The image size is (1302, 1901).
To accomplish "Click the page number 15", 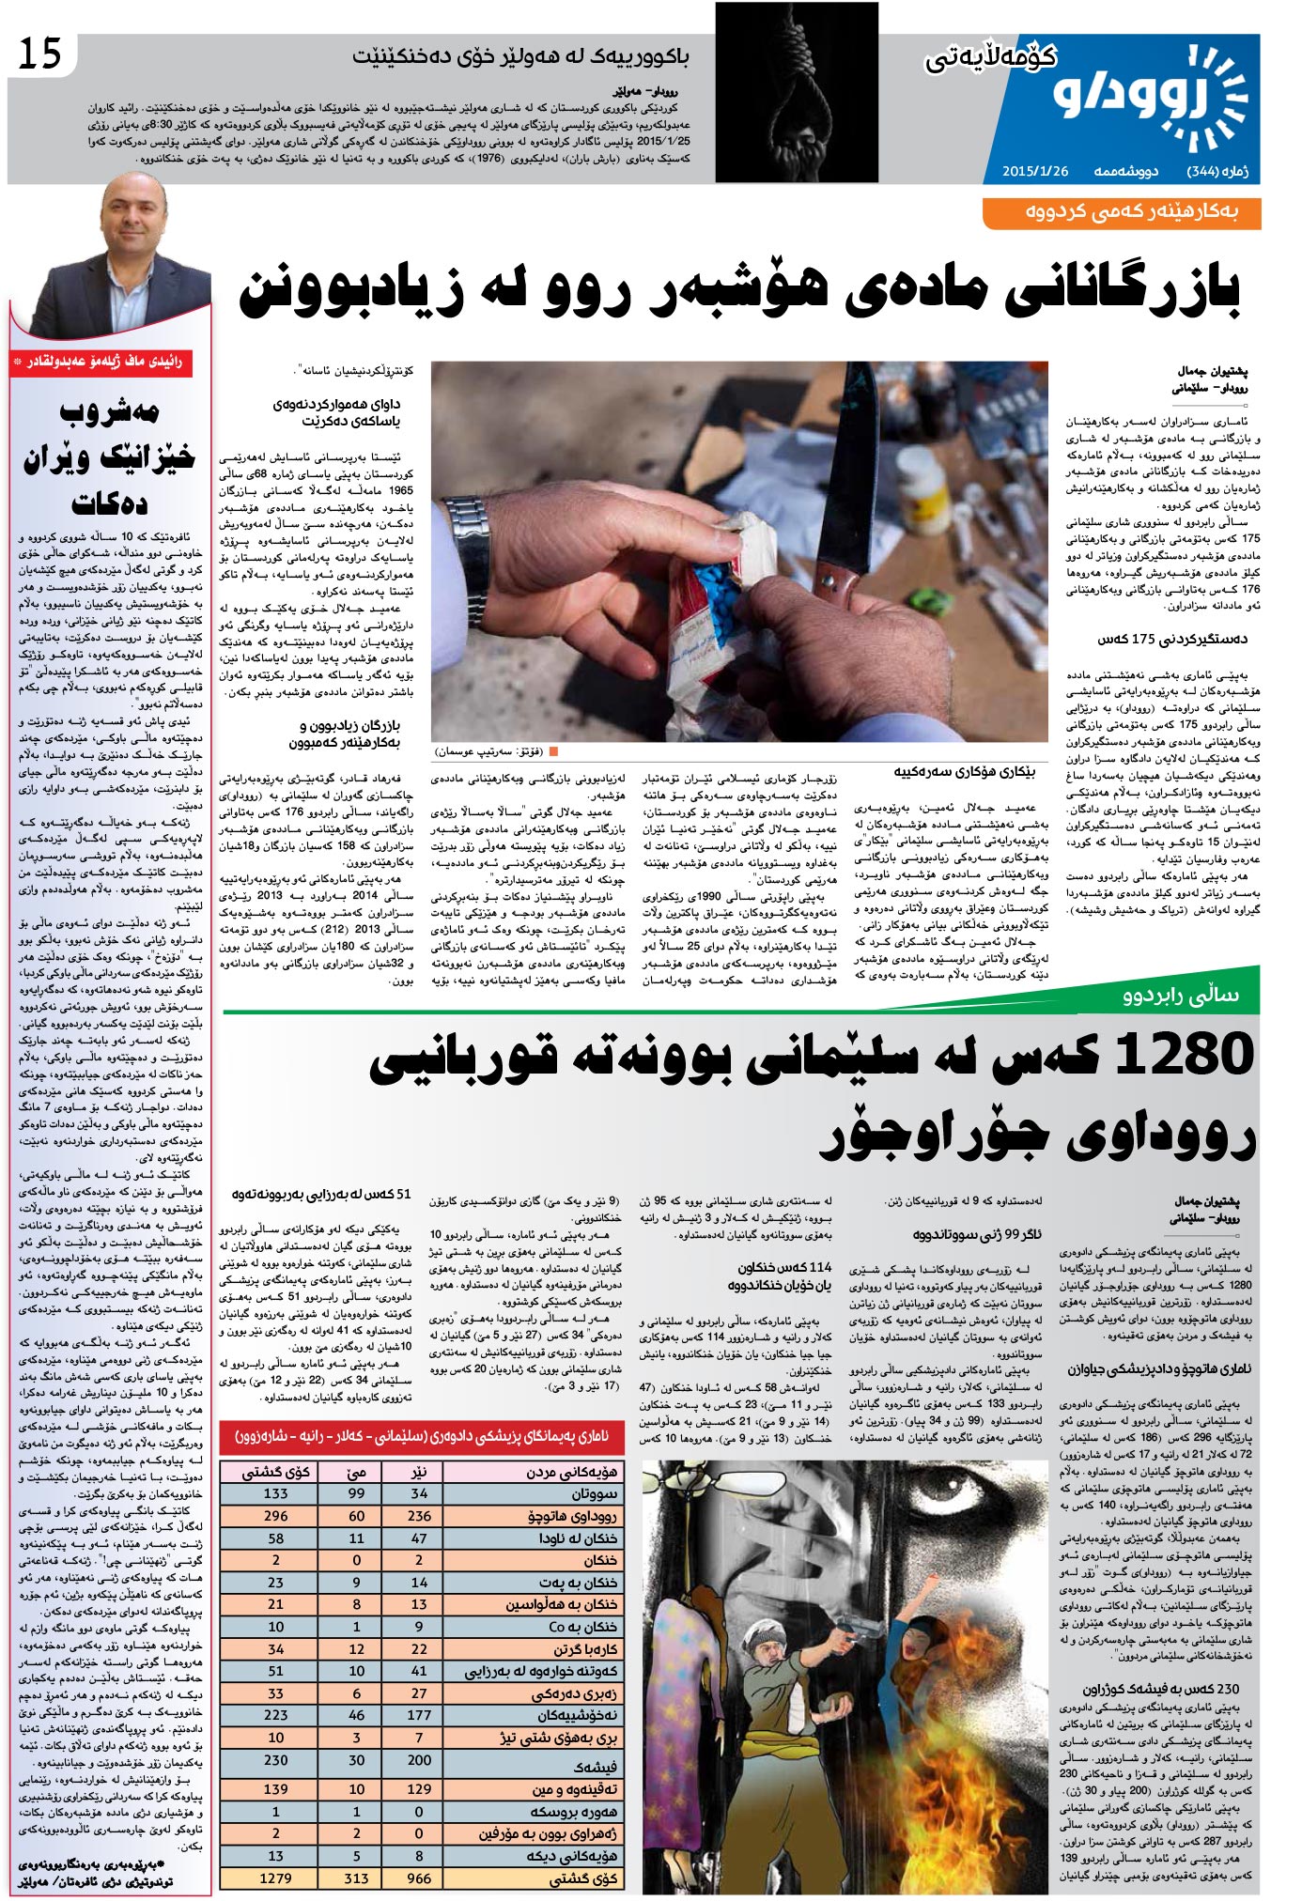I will [x=40, y=55].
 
